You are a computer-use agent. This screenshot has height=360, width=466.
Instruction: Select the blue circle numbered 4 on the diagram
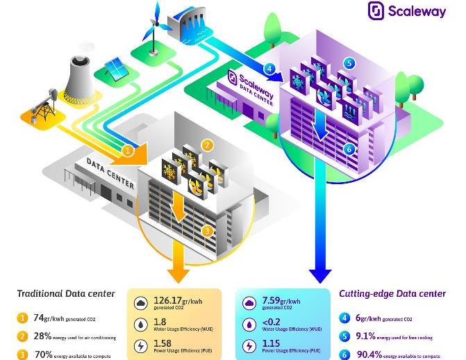[x=270, y=68]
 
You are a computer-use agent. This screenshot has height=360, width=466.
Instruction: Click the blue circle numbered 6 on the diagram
[x=349, y=149]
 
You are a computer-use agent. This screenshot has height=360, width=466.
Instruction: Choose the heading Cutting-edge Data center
[x=392, y=293]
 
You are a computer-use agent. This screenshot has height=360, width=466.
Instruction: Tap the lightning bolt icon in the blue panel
[x=249, y=345]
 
